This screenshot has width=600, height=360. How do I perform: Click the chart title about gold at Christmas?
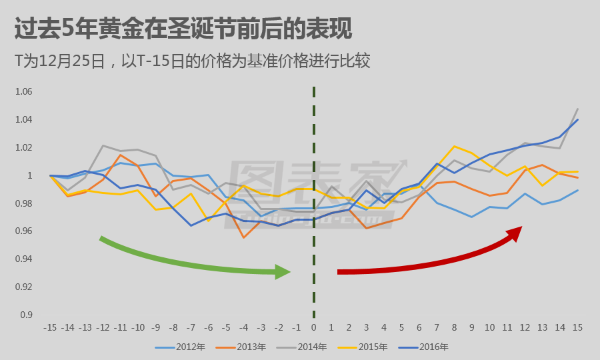(x=183, y=29)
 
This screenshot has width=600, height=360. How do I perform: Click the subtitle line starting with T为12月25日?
(x=193, y=61)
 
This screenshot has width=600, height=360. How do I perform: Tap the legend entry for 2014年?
(x=309, y=347)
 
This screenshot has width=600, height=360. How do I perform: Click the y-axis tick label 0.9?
(x=25, y=315)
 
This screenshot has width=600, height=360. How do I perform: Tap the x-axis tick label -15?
(x=50, y=328)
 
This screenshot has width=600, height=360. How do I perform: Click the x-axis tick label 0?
(x=313, y=328)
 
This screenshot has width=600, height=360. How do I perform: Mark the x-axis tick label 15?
(x=577, y=328)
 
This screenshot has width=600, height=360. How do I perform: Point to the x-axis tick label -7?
(x=191, y=328)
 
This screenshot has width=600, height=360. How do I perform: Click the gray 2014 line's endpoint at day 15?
(x=577, y=109)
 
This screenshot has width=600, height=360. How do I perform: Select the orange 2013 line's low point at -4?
(x=243, y=237)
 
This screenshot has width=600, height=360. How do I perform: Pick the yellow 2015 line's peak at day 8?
(x=454, y=146)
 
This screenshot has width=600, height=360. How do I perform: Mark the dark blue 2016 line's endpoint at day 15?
(x=577, y=120)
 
